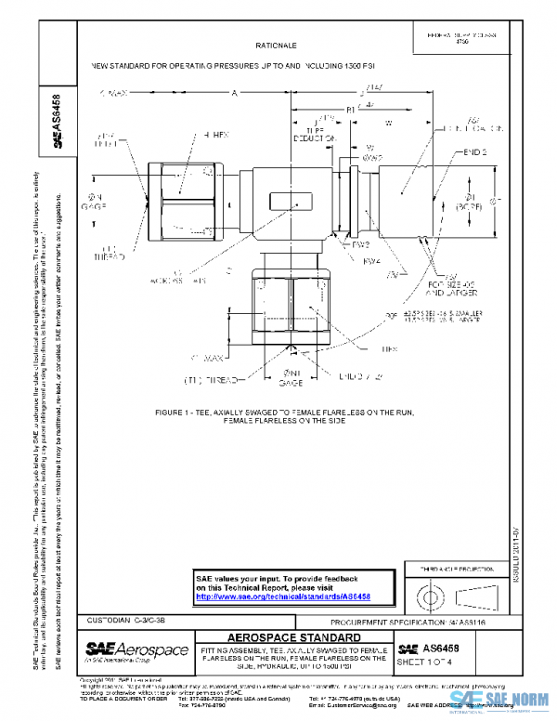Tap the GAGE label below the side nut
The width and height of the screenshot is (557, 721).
[291, 382]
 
